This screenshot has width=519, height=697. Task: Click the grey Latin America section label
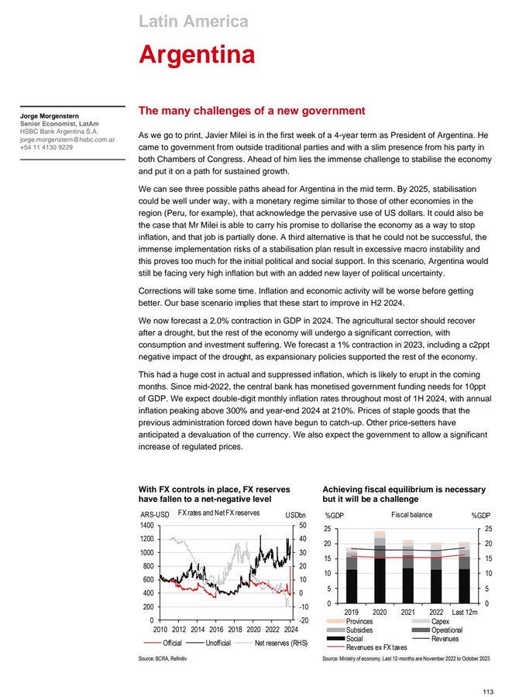click(x=193, y=21)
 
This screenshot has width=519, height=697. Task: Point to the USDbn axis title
click(x=296, y=515)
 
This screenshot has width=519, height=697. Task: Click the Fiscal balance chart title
click(x=412, y=514)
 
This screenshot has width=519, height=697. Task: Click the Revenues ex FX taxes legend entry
click(x=377, y=647)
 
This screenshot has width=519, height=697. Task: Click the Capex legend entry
click(x=440, y=622)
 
